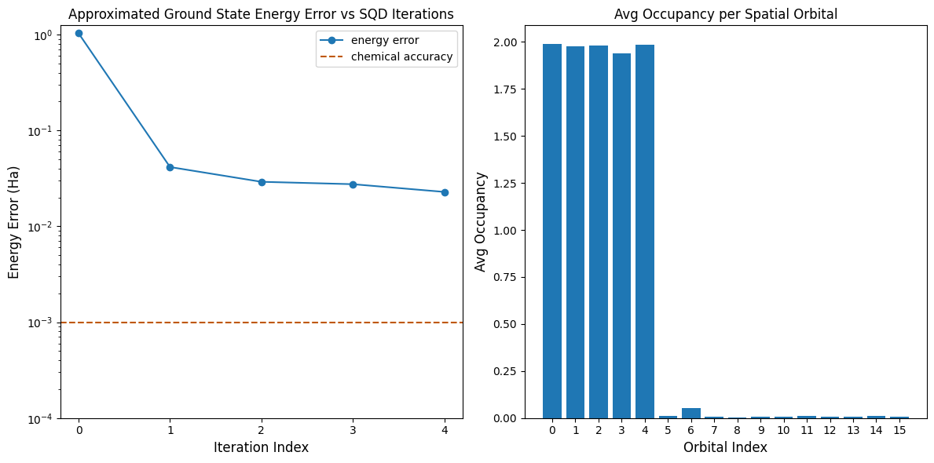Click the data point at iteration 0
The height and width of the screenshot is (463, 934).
coord(79,33)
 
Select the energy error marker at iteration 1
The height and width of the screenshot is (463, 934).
coord(170,167)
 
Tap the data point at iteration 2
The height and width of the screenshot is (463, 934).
coord(262,182)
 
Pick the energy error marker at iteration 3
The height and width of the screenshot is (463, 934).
coord(353,184)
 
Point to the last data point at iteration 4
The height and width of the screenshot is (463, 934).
coord(445,192)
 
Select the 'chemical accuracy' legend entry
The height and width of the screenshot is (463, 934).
coord(401,57)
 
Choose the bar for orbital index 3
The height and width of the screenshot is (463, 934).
coord(621,235)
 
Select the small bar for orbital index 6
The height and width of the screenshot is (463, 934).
coord(691,413)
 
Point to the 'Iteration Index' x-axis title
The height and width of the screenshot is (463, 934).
coord(261,447)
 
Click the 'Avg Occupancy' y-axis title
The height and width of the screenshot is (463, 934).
coord(481,222)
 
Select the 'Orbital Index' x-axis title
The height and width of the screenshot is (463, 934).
coord(725,447)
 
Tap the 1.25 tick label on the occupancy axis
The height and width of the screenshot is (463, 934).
coord(515,183)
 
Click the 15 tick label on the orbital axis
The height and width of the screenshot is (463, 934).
coord(899,430)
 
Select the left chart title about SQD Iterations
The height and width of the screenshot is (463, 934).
coord(261,13)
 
